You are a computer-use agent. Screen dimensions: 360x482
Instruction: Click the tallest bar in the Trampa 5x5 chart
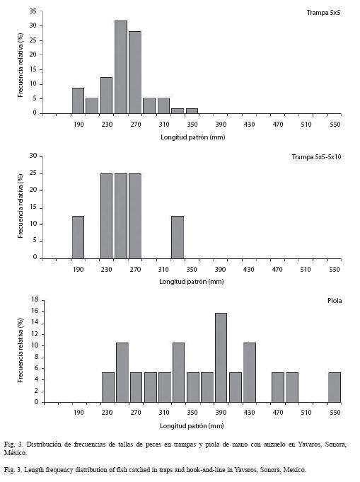pos(121,67)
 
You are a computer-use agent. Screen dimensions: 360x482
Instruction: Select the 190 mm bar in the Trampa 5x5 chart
pos(78,101)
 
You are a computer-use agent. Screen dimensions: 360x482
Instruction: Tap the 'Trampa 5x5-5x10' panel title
pos(316,157)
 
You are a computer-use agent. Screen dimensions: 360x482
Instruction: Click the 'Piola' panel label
pos(335,301)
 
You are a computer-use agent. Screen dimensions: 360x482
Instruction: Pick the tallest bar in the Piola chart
pos(221,357)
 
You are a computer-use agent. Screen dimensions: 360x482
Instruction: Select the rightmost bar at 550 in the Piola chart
pos(335,387)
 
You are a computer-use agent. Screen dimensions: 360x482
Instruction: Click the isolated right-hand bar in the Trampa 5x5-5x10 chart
pos(178,237)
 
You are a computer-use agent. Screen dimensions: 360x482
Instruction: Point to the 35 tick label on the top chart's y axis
pos(33,11)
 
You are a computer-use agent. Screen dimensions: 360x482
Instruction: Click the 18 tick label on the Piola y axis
pos(35,299)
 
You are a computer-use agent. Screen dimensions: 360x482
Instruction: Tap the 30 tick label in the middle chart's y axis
pos(33,156)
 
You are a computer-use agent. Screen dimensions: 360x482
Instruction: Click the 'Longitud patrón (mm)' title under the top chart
pos(193,137)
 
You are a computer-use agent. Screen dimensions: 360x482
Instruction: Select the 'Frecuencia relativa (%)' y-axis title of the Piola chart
pos(21,350)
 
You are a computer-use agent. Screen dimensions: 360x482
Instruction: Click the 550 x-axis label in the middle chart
pos(335,270)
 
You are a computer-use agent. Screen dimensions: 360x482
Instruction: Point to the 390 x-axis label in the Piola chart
pos(221,412)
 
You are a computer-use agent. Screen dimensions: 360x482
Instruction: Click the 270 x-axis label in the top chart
pos(136,125)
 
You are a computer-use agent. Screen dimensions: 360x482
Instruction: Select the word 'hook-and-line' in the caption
pos(206,470)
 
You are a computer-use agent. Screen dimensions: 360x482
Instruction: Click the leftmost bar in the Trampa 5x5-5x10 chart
pos(78,237)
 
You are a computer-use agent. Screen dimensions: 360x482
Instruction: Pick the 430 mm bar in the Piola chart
pos(250,372)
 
